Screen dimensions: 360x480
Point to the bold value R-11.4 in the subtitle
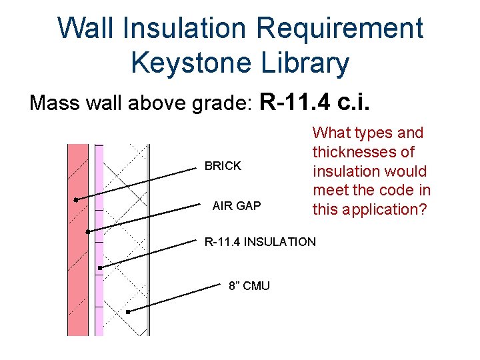click(x=295, y=103)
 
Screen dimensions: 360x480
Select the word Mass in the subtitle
click(x=53, y=104)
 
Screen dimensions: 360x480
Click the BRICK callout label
click(x=223, y=166)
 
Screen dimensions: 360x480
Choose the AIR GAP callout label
click(x=237, y=206)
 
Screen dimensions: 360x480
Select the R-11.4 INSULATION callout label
click(x=260, y=242)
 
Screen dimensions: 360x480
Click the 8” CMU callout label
click(x=249, y=286)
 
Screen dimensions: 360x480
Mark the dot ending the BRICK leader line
click(x=76, y=199)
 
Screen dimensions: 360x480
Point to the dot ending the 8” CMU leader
click(x=127, y=311)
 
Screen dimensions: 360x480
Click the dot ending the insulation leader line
click(x=99, y=268)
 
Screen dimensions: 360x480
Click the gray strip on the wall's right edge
click(x=148, y=240)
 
